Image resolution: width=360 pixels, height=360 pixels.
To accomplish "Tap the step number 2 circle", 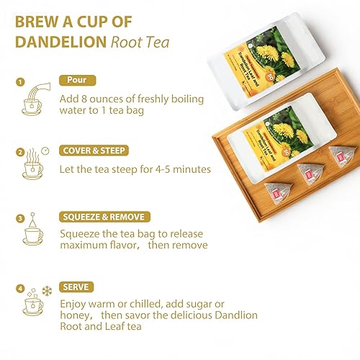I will tap(19, 151).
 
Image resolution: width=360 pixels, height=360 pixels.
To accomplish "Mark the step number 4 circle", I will tap(19, 289).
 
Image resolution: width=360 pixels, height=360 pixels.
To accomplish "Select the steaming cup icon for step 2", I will tap(33, 167).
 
